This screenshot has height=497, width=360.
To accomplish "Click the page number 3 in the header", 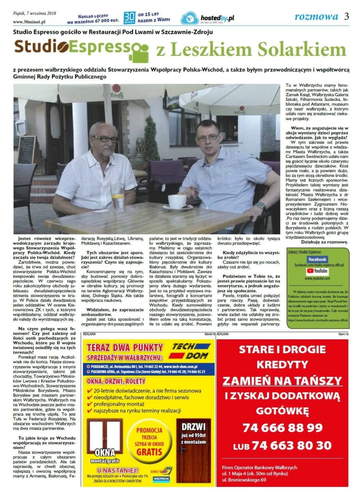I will [347, 17].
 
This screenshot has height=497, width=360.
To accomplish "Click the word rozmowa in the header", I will [316, 17].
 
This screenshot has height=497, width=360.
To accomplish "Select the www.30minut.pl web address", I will [29, 22].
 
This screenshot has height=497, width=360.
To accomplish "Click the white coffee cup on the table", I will [177, 202].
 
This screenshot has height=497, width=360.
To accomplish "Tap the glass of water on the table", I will [117, 197].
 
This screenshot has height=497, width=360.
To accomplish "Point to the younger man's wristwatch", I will [261, 205].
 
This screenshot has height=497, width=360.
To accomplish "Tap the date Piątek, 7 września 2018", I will [32, 14].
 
